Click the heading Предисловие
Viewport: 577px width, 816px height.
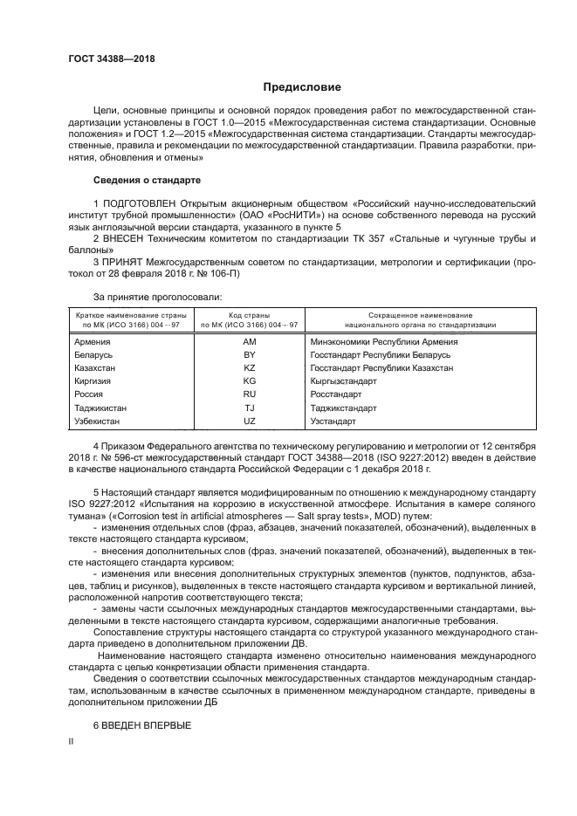[296, 87]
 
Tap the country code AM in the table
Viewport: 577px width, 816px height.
[249, 342]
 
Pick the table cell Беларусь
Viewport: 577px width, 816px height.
[93, 355]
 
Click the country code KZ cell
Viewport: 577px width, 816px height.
[249, 368]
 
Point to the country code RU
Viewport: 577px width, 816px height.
[249, 394]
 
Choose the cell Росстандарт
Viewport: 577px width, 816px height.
[336, 394]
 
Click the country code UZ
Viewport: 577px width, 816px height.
[249, 421]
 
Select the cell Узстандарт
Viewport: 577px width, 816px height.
[333, 421]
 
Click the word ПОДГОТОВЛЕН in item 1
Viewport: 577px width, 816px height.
[135, 202]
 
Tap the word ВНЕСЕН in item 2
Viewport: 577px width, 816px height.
[123, 237]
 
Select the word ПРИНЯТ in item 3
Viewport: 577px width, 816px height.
[124, 260]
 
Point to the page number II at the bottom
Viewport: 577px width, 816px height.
[72, 741]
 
